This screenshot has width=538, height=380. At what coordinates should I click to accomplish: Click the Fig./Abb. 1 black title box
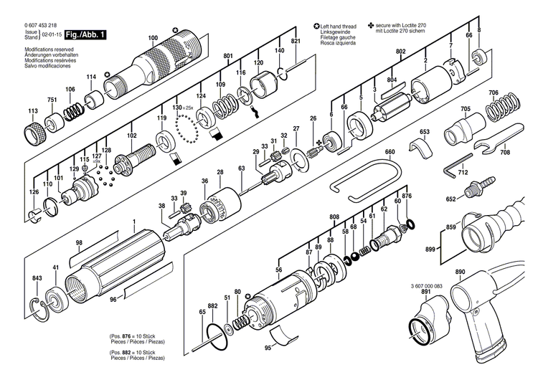pyautogui.click(x=85, y=34)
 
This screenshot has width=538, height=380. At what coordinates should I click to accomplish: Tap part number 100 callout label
pyautogui.click(x=153, y=38)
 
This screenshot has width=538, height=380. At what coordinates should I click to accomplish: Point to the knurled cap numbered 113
pyautogui.click(x=35, y=133)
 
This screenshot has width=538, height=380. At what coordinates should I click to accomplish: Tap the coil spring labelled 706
pyautogui.click(x=503, y=107)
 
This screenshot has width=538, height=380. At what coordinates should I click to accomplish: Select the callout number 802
pyautogui.click(x=400, y=52)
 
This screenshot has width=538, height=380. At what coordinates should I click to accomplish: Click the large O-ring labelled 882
pyautogui.click(x=218, y=337)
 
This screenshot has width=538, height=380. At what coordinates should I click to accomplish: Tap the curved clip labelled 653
pyautogui.click(x=421, y=148)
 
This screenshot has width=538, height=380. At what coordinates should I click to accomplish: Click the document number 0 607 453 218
pyautogui.click(x=40, y=25)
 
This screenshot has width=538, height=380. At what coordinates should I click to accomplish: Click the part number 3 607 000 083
pyautogui.click(x=427, y=286)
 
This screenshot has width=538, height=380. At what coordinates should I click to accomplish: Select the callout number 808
pyautogui.click(x=334, y=217)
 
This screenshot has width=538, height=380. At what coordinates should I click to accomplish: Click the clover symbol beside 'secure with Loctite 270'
pyautogui.click(x=371, y=25)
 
